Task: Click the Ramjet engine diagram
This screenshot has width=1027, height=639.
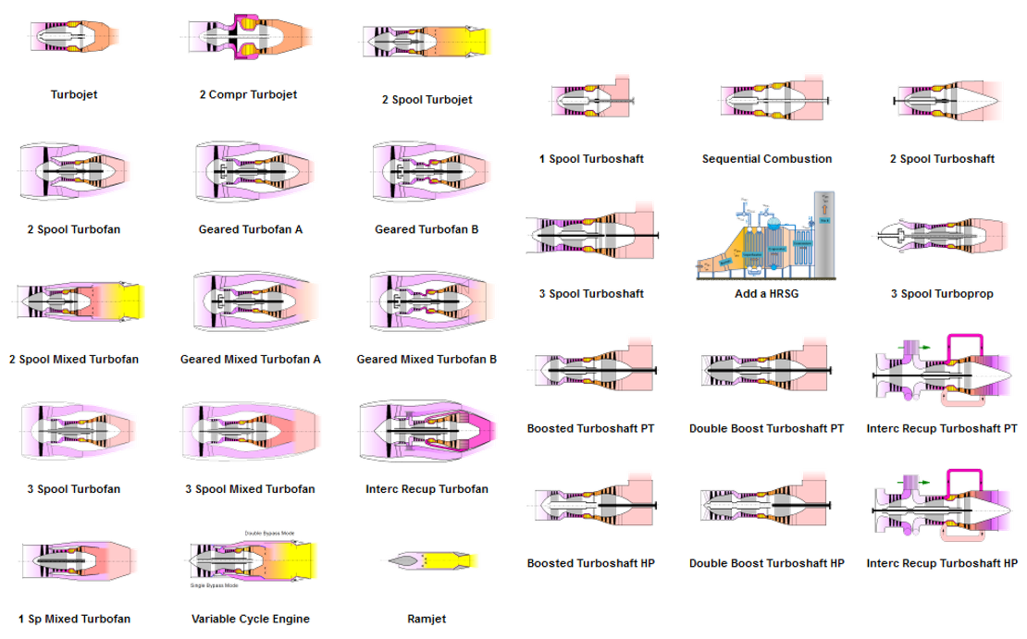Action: pos(430,559)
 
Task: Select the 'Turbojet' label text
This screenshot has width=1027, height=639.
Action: pos(75,94)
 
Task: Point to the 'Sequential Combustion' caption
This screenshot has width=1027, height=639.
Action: pos(767,159)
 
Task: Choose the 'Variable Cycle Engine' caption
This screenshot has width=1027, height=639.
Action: pos(250,619)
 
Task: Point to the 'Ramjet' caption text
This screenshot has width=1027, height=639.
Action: pos(427,619)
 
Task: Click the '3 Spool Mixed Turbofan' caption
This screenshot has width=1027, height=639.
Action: pos(250,489)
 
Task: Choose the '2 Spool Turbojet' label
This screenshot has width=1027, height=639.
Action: pos(427,98)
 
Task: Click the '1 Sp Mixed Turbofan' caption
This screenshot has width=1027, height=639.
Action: pos(75,619)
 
